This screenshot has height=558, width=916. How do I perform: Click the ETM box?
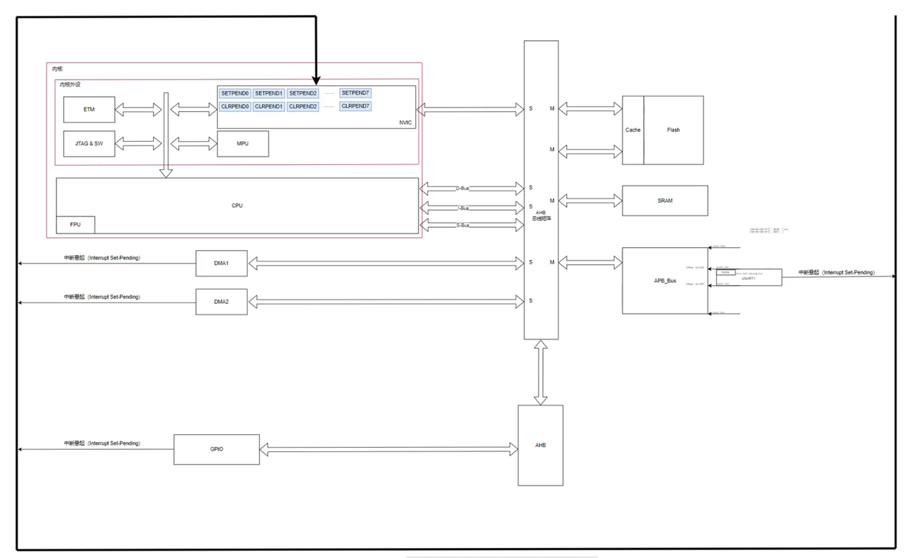point(89,110)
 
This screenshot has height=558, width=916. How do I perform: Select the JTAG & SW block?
point(89,144)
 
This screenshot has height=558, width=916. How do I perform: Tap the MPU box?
point(243,144)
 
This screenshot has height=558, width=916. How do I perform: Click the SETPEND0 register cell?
point(235,93)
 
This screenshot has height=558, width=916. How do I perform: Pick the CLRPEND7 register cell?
point(356,106)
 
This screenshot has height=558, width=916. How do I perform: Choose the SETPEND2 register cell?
point(303,93)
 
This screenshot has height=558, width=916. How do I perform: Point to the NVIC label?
point(406,122)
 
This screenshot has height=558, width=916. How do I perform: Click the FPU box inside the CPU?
point(75,224)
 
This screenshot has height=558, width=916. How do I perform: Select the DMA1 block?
point(221,263)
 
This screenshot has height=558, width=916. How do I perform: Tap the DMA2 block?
point(221,302)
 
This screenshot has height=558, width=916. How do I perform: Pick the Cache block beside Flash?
point(633,130)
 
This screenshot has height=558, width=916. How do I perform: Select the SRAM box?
point(665,201)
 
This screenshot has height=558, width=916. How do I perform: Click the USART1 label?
point(748,278)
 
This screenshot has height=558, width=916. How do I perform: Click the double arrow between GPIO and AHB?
point(389,449)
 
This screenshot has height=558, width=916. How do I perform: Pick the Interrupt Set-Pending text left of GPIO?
point(102,443)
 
